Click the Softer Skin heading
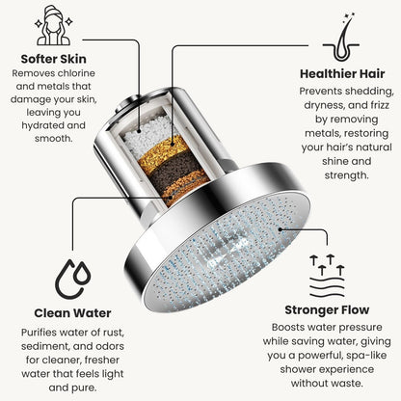[x=53, y=59]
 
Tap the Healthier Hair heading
[x=342, y=74]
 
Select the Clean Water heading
[x=72, y=313]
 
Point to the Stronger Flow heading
[x=327, y=310]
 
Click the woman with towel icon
[x=54, y=25]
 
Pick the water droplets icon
[x=73, y=279]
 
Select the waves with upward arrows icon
[x=327, y=276]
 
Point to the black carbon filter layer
[x=175, y=170]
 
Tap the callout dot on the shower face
[x=281, y=229]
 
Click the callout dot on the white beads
[x=139, y=131]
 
